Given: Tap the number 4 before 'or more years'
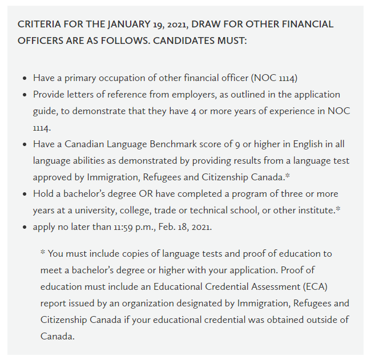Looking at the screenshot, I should tap(195, 111).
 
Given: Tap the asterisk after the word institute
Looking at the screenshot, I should tap(338, 209).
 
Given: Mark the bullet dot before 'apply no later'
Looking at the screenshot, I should tap(24, 227).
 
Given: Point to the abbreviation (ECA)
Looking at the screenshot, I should tap(308, 286).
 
